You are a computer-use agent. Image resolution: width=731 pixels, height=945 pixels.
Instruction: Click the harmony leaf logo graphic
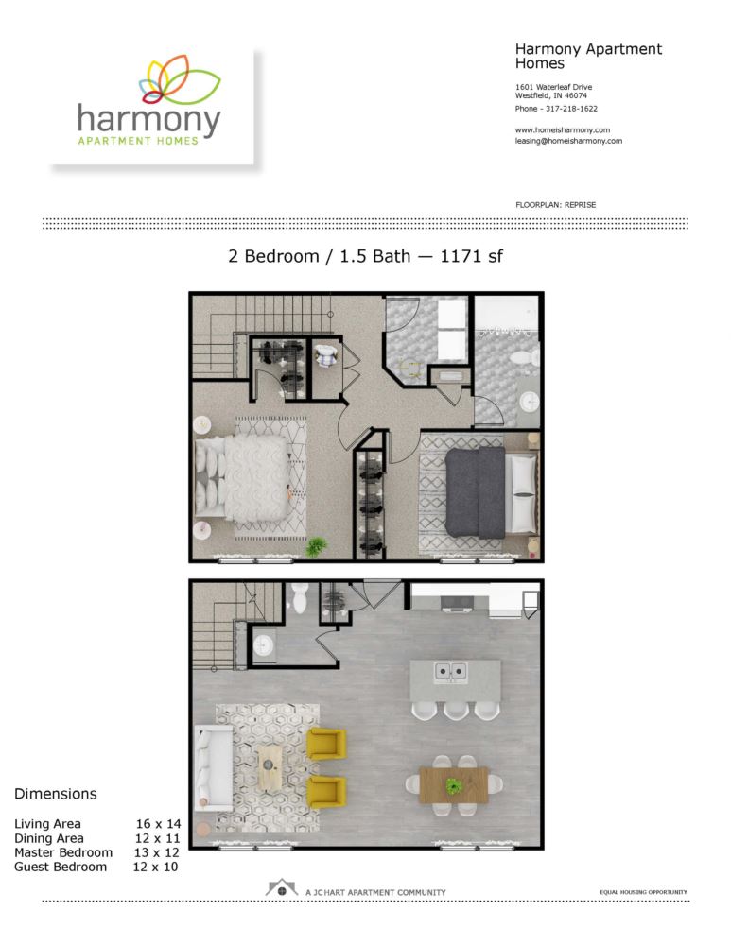coord(181,79)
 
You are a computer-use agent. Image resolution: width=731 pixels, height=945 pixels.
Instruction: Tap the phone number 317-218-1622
coord(571,109)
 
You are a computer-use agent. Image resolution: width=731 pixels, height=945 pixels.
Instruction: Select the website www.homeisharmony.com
coord(562,129)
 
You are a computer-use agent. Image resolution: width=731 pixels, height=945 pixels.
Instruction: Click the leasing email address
coord(568,141)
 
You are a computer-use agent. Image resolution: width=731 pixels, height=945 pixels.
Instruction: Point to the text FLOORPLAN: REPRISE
coord(555,205)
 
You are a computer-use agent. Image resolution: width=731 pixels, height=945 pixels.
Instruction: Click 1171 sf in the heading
coord(471,256)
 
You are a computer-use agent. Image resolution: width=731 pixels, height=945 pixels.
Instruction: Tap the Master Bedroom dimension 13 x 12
coord(157,852)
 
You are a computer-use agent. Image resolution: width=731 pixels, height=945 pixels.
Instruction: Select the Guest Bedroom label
coord(61,867)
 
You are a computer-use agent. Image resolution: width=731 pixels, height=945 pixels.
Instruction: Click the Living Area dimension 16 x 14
coord(158,824)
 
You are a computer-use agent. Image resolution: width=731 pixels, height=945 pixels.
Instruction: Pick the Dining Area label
coord(49,838)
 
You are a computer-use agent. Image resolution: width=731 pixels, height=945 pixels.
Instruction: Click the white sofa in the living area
coord(213,767)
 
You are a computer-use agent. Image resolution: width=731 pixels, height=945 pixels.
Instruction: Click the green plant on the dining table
coord(454,785)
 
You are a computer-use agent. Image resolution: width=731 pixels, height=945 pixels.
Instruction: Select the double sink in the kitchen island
coord(450,671)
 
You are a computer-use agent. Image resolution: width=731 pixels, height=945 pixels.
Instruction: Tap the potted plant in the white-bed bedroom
coord(316,546)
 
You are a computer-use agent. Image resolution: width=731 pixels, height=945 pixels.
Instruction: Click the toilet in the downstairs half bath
coord(300,597)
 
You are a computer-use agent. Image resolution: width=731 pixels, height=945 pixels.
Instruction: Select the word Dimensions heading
coord(56,794)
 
